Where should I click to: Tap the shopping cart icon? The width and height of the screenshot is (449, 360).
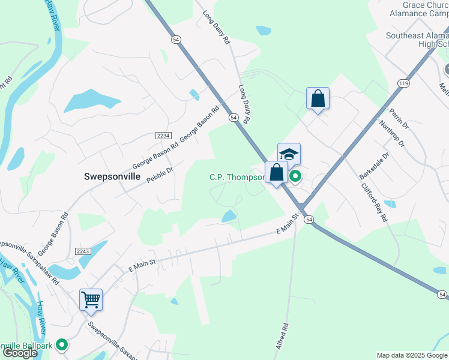click(91, 299)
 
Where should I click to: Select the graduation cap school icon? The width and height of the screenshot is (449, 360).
click(289, 154)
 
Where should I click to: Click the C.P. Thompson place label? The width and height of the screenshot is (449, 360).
click(237, 177)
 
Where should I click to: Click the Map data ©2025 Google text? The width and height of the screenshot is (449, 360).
click(412, 355)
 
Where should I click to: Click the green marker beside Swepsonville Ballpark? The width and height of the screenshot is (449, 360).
click(61, 344)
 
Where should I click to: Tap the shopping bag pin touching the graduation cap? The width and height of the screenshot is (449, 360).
click(276, 173)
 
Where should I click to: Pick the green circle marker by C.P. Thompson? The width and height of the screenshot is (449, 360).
click(295, 176)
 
